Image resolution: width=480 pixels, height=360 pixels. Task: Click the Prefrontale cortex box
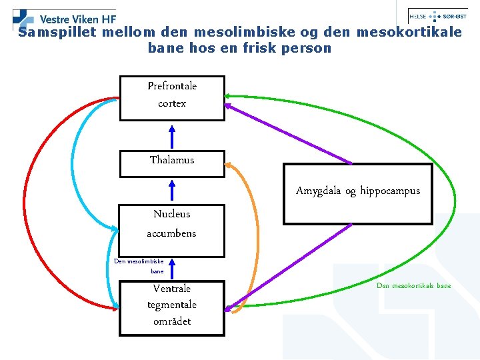[x=172, y=98]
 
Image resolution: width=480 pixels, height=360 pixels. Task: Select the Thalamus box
[x=172, y=163]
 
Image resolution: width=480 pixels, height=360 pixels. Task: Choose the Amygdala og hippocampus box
[x=358, y=193]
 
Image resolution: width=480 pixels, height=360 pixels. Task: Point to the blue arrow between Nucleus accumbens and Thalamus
[x=172, y=190]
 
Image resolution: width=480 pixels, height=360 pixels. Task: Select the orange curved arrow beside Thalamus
[x=254, y=227]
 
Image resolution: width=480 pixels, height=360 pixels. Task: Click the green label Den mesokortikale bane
[x=413, y=286]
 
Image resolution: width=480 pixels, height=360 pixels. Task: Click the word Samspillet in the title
[x=56, y=32]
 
